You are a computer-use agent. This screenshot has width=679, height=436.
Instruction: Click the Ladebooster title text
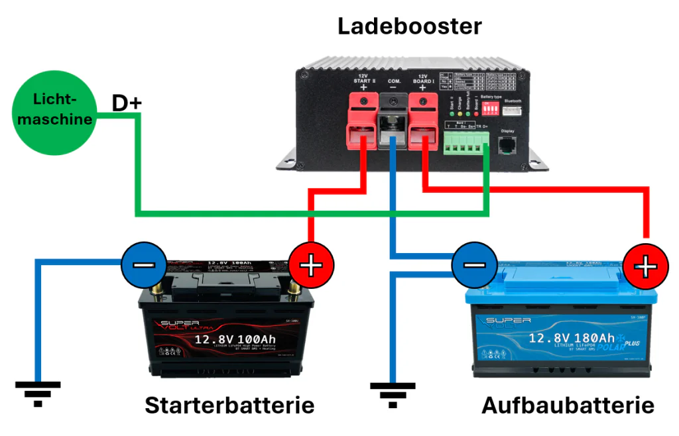(x=409, y=27)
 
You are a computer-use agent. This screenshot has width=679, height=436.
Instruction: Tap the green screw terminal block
(x=467, y=140)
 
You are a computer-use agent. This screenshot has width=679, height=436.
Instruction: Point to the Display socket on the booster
(x=508, y=145)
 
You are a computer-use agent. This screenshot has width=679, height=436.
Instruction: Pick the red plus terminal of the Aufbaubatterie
(x=645, y=266)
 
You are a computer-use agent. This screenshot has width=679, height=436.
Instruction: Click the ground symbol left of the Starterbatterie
(x=38, y=392)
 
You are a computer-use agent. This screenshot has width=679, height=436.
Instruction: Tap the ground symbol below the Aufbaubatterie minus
(x=393, y=394)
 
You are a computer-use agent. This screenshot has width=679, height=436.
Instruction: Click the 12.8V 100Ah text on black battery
(x=235, y=340)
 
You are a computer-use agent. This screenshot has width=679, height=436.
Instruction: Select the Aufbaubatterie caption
(x=568, y=405)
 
